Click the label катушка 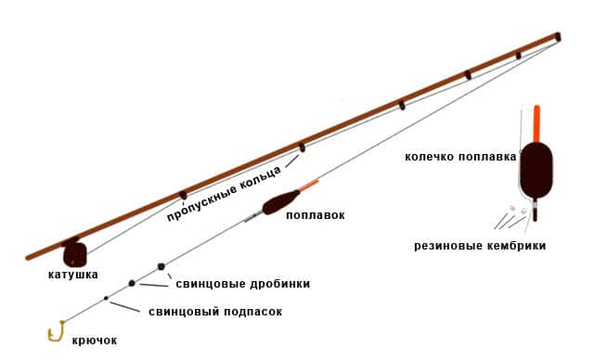click(x=73, y=275)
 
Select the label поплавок click(x=315, y=215)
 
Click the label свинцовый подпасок click(x=214, y=312)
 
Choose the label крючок click(x=95, y=341)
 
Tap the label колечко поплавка click(x=460, y=158)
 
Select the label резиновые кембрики click(x=480, y=246)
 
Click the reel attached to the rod click(x=74, y=253)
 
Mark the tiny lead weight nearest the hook click(x=106, y=298)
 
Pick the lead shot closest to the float click(x=161, y=266)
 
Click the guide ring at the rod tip click(x=558, y=38)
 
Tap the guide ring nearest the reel click(x=184, y=195)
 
